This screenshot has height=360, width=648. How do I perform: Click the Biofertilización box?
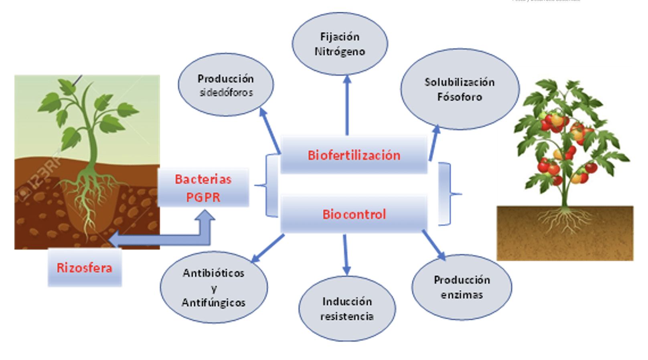(354, 155)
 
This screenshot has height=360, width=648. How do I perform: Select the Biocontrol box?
(354, 214)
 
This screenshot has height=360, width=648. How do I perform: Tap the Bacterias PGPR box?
(203, 188)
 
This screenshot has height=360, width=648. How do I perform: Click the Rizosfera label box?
(85, 267)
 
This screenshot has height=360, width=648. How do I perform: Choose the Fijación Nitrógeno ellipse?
(340, 44)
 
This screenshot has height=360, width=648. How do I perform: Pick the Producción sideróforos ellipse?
(226, 85)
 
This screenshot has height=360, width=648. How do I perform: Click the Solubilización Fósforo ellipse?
(460, 89)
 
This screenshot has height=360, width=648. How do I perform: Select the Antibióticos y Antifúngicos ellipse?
(214, 287)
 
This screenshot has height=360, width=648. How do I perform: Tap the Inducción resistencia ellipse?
(347, 309)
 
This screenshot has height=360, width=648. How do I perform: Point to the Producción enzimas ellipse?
(462, 287)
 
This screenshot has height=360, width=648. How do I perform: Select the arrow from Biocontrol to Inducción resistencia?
(346, 255)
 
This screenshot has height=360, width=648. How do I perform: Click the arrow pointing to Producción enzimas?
(433, 245)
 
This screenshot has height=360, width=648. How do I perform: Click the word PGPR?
(203, 197)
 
